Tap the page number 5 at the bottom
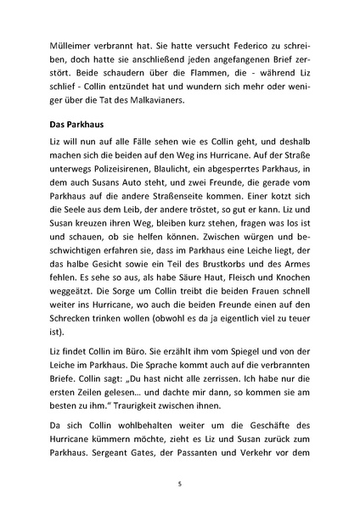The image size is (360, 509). (x=180, y=484)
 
